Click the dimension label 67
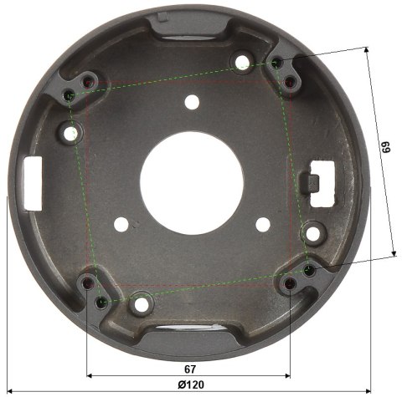(190, 369)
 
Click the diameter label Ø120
(191, 384)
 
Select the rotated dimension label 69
(386, 147)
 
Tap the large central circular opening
(192, 183)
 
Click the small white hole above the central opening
(192, 102)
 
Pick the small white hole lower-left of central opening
(121, 224)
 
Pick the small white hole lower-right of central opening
(263, 225)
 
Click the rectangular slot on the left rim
(33, 183)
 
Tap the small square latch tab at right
(310, 183)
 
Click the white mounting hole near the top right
(242, 62)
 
